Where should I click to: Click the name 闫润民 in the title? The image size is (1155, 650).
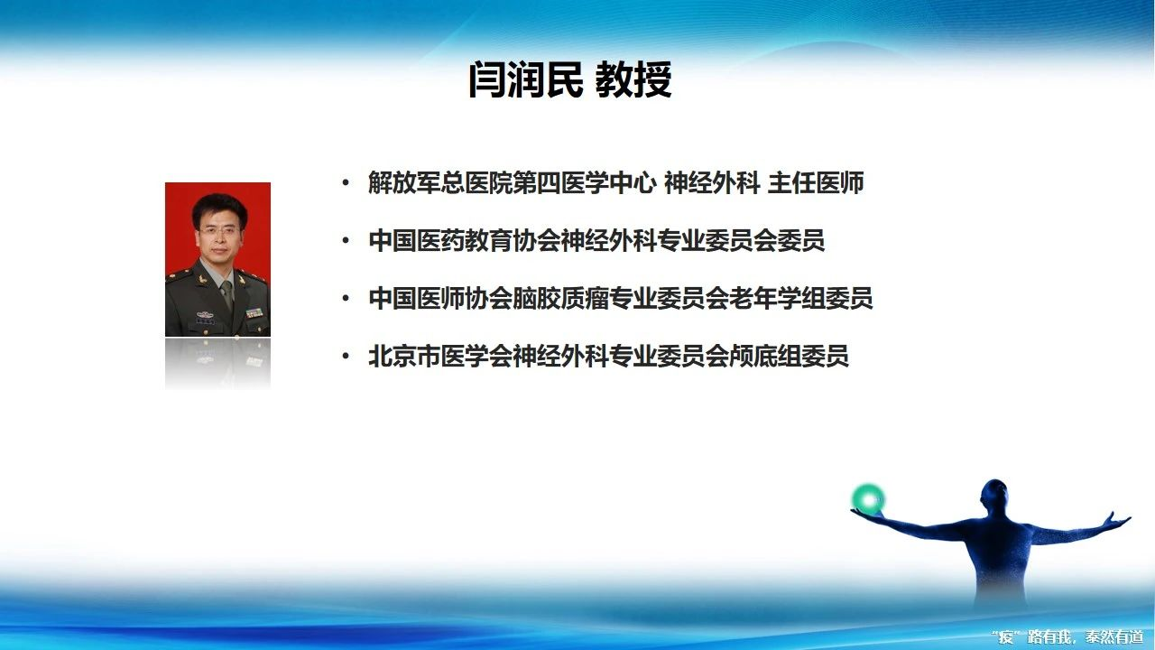pos(525,79)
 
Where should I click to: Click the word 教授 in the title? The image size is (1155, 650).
pos(633,79)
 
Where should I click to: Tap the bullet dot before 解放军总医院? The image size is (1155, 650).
pos(346,182)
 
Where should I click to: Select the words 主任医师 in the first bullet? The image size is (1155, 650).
pos(816,183)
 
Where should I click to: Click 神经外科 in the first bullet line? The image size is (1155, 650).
pos(712,183)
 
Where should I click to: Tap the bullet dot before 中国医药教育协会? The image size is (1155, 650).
pos(346,241)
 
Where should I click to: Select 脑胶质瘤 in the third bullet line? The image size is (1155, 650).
pos(560,299)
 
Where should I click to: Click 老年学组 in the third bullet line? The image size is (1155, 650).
pos(777,299)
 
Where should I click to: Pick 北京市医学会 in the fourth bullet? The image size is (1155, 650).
pos(439,357)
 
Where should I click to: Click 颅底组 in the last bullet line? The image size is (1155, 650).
pos(764,357)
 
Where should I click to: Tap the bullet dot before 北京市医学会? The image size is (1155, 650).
pos(346,357)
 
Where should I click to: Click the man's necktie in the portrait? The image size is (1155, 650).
pos(226,294)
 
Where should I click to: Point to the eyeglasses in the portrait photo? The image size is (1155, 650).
pos(218,230)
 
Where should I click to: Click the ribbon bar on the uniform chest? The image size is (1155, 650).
pos(254,312)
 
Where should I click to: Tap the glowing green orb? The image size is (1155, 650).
pos(869,500)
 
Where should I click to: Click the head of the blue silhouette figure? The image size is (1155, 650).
pos(994,496)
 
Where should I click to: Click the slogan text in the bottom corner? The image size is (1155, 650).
pos(1075,636)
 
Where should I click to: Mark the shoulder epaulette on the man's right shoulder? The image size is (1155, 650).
pos(179,275)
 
